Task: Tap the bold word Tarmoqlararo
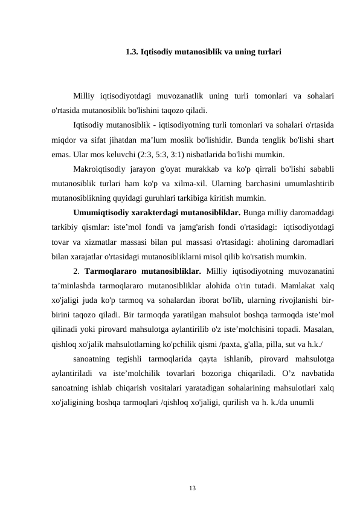[112, 270]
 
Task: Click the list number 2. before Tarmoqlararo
[77, 270]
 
